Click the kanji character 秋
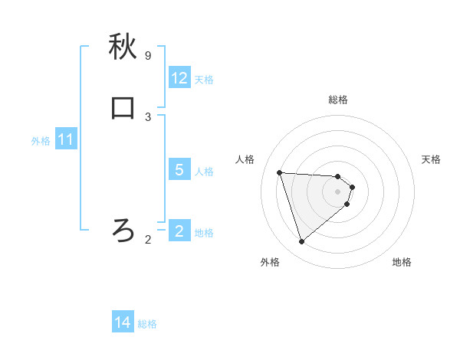coord(123,48)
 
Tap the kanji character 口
coord(123,108)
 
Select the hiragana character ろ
coord(123,229)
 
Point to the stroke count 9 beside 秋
coord(148,56)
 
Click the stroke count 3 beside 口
coord(148,116)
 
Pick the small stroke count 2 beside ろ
coord(148,240)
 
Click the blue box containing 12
coord(179,78)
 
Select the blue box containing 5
coord(179,170)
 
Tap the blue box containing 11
coord(66,140)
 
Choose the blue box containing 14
coord(123,323)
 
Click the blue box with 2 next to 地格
coord(179,231)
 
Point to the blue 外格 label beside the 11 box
coord(41,141)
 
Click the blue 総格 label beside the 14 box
coord(147,324)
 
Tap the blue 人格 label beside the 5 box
coord(205,171)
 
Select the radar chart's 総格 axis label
coord(338,100)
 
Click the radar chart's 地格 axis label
coord(402,262)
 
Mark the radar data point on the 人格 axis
coord(280,172)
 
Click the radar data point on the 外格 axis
coord(301,242)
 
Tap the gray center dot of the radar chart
coord(338,201)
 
